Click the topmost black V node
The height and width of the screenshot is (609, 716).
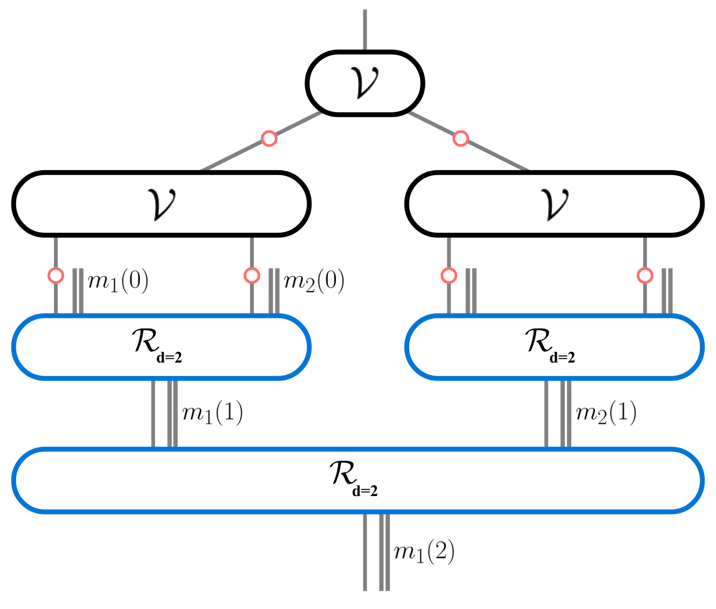coord(365,83)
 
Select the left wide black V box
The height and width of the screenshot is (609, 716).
coord(161,204)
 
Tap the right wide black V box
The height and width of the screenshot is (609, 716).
coord(554,204)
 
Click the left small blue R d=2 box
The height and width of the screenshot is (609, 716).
coord(161,346)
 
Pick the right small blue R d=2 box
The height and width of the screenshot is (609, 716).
coord(554,346)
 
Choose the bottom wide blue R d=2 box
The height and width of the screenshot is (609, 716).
coord(357,480)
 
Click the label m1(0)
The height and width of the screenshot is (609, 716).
coord(118,282)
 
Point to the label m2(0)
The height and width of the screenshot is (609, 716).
coord(314,282)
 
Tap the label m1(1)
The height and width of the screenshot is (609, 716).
coord(212,413)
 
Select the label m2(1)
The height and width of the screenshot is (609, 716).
coord(606,413)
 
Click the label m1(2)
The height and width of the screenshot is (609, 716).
coord(424,552)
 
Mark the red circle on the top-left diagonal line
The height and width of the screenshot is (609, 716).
coord(269,138)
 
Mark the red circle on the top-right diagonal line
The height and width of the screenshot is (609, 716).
coord(460,138)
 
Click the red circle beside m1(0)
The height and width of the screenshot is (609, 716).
coord(56,276)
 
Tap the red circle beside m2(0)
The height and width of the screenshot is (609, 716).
coord(252,276)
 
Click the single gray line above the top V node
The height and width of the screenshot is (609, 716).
coord(365,30)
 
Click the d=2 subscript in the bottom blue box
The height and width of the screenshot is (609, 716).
coord(365,491)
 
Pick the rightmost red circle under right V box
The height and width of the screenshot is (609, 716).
coord(645,276)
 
